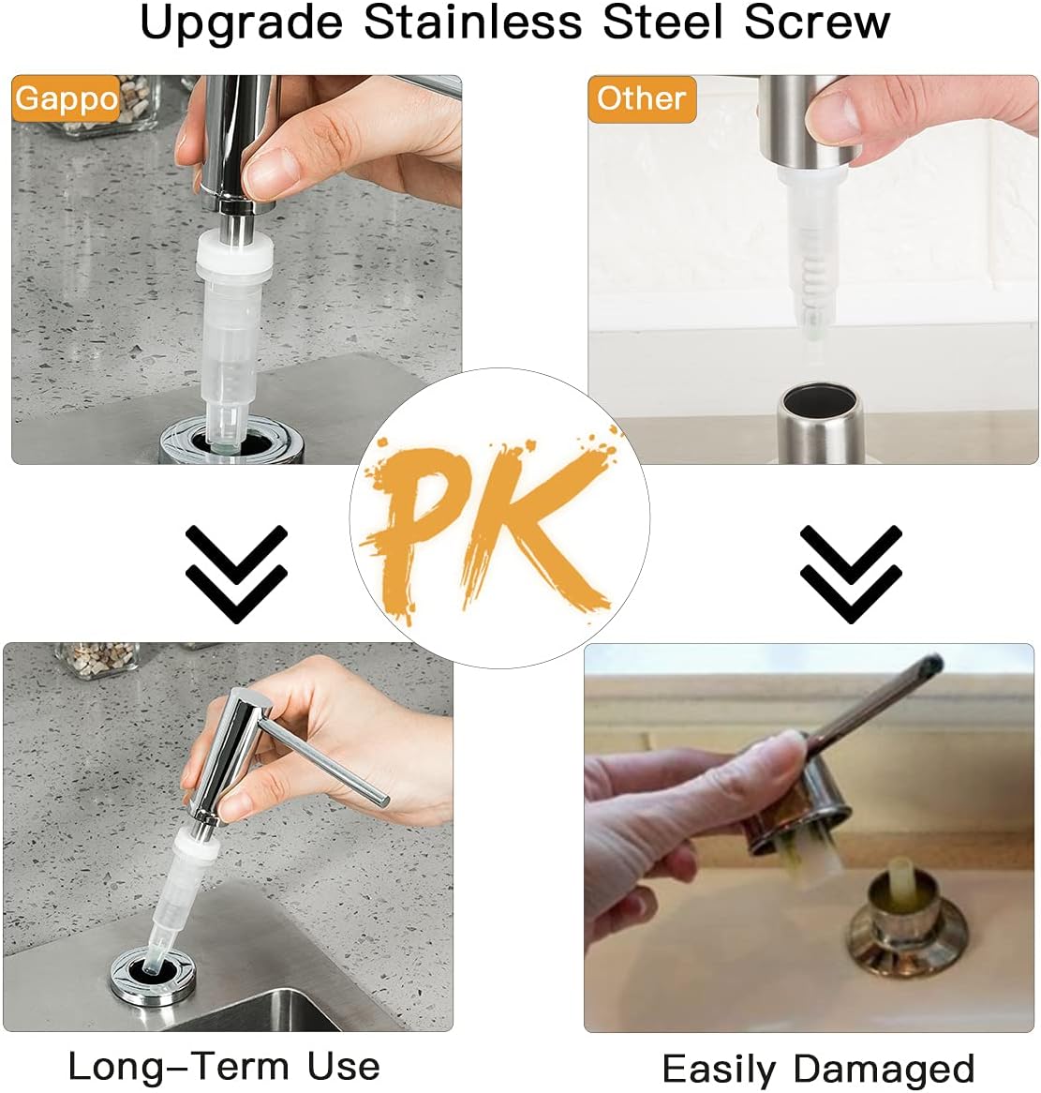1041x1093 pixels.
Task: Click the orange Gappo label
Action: [67, 98]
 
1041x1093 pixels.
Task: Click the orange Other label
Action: [642, 98]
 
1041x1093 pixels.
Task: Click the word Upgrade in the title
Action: [241, 22]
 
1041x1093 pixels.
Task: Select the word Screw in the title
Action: [817, 22]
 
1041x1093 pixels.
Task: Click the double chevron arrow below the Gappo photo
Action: [236, 573]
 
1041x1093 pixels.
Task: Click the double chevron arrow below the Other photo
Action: [851, 573]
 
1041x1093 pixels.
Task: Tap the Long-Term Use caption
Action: [224, 1066]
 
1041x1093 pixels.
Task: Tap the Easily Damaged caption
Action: [818, 1069]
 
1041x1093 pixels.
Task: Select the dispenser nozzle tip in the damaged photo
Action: [928, 666]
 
